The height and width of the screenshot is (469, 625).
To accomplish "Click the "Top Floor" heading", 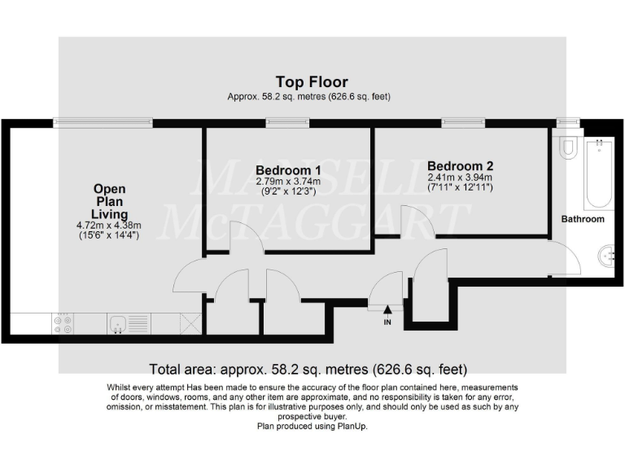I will point(312,81).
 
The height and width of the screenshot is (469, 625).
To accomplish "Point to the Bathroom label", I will point(583,219).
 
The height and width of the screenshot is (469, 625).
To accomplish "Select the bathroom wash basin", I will point(605,256).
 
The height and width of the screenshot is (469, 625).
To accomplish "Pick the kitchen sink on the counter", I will point(119,324).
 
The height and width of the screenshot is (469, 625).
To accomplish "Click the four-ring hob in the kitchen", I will point(63,324).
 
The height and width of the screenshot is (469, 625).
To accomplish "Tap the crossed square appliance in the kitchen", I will point(190,324).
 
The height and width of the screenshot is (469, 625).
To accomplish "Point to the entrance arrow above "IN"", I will point(387,309).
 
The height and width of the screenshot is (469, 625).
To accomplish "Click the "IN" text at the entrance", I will point(387,322).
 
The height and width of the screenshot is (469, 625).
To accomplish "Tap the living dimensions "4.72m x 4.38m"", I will point(109,226).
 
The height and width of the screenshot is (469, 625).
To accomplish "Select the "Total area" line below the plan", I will point(310,368).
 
